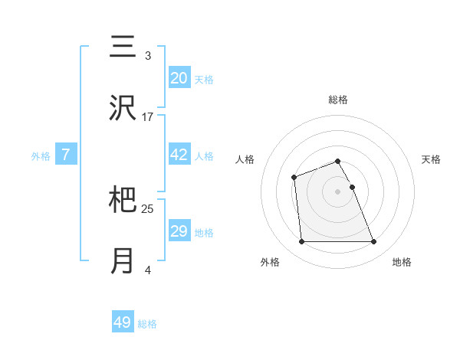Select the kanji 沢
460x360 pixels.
pyautogui.click(x=123, y=109)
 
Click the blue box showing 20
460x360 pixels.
pyautogui.click(x=179, y=78)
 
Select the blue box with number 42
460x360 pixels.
pyautogui.click(x=179, y=155)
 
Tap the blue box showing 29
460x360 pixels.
pyautogui.click(x=179, y=231)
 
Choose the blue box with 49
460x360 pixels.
pyautogui.click(x=123, y=322)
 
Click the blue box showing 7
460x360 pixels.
pyautogui.click(x=66, y=155)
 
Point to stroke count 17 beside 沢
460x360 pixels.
pyautogui.click(x=148, y=117)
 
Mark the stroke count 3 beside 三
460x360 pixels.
pyautogui.click(x=148, y=56)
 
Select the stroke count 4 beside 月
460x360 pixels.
pyautogui.click(x=148, y=270)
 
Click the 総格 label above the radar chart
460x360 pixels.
pyautogui.click(x=337, y=100)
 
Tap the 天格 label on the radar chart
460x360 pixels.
pyautogui.click(x=431, y=159)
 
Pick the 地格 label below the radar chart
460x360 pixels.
pyautogui.click(x=402, y=262)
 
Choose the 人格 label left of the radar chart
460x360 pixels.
pyautogui.click(x=245, y=159)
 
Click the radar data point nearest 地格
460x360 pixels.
pyautogui.click(x=373, y=242)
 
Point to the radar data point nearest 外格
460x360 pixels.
pyautogui.click(x=301, y=242)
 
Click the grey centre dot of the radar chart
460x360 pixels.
pyautogui.click(x=337, y=191)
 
